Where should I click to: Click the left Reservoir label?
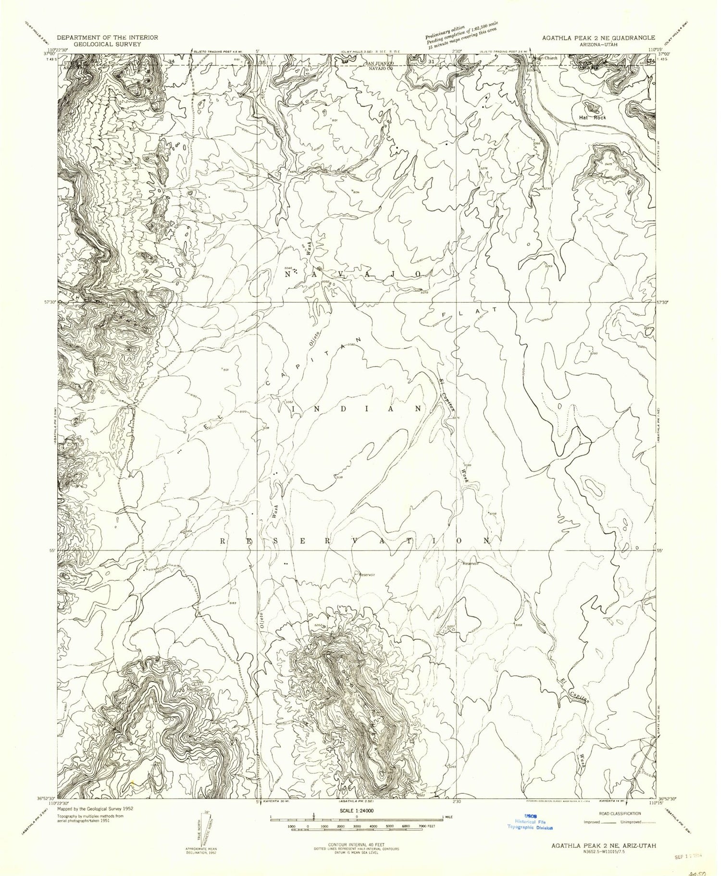(366, 574)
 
